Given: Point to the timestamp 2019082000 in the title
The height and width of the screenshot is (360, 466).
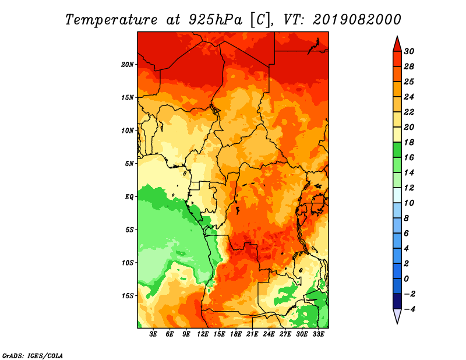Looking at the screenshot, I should (x=357, y=19).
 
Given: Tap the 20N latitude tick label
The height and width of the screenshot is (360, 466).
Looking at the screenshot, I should (x=128, y=64).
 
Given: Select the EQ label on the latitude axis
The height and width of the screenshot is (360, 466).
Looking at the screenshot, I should (x=129, y=196).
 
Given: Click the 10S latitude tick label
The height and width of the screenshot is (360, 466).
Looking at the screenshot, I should (x=128, y=263).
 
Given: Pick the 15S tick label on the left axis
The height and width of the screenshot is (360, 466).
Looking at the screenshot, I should (x=128, y=296).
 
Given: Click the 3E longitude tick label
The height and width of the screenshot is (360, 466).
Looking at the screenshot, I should (x=154, y=334).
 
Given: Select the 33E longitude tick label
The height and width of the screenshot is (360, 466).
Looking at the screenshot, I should (x=319, y=334).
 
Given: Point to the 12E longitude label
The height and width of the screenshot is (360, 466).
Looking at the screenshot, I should (x=203, y=334).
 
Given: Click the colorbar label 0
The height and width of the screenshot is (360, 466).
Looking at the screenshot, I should (x=408, y=278).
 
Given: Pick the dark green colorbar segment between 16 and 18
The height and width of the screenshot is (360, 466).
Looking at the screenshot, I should (x=396, y=150).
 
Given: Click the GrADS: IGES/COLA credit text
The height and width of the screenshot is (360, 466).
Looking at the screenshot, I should (x=32, y=355).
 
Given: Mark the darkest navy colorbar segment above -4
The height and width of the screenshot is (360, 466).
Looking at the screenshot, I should (x=396, y=301).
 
